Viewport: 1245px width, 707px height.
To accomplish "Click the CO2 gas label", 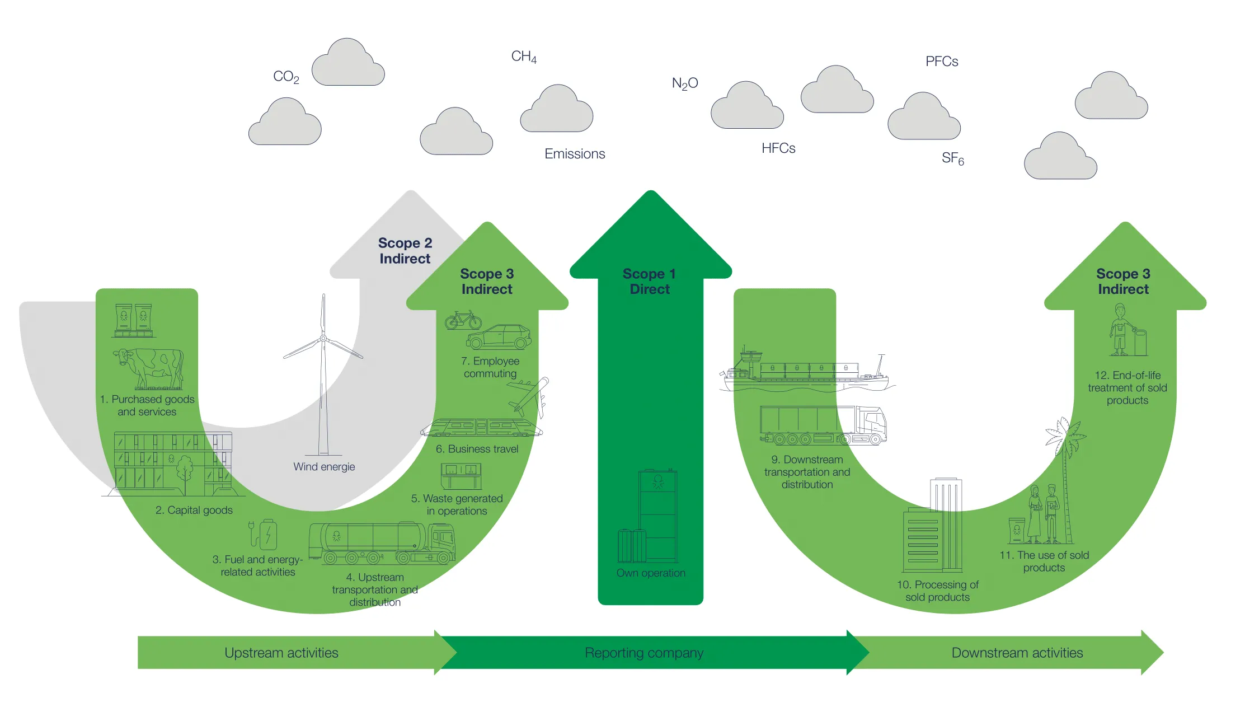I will click(286, 77).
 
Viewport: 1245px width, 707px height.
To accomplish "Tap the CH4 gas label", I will click(524, 57).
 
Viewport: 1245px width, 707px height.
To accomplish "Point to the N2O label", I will click(685, 83).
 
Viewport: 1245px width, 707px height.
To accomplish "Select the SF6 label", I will click(952, 158).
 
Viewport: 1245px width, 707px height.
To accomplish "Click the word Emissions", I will click(575, 154).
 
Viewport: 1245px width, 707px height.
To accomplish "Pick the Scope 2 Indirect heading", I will click(405, 251).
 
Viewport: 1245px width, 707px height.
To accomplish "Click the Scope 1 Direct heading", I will click(650, 282).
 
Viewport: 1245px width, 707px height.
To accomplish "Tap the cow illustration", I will click(149, 368).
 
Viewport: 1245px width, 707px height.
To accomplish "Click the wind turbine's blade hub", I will click(323, 338).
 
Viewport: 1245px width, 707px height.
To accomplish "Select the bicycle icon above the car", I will click(463, 320).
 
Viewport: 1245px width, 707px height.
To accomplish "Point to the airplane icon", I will click(529, 397).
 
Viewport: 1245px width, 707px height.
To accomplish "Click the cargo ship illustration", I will click(806, 372).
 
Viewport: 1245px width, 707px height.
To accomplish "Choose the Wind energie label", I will click(324, 467).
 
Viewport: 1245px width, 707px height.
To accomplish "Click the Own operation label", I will click(651, 573).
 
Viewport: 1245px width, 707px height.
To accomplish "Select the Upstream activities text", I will click(281, 653).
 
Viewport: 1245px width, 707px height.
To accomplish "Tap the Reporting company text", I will click(644, 653).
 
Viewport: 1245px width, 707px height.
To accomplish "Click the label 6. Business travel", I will click(477, 449).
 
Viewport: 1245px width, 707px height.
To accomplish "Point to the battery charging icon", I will click(264, 534).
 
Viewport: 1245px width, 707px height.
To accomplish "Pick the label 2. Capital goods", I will click(194, 510).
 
